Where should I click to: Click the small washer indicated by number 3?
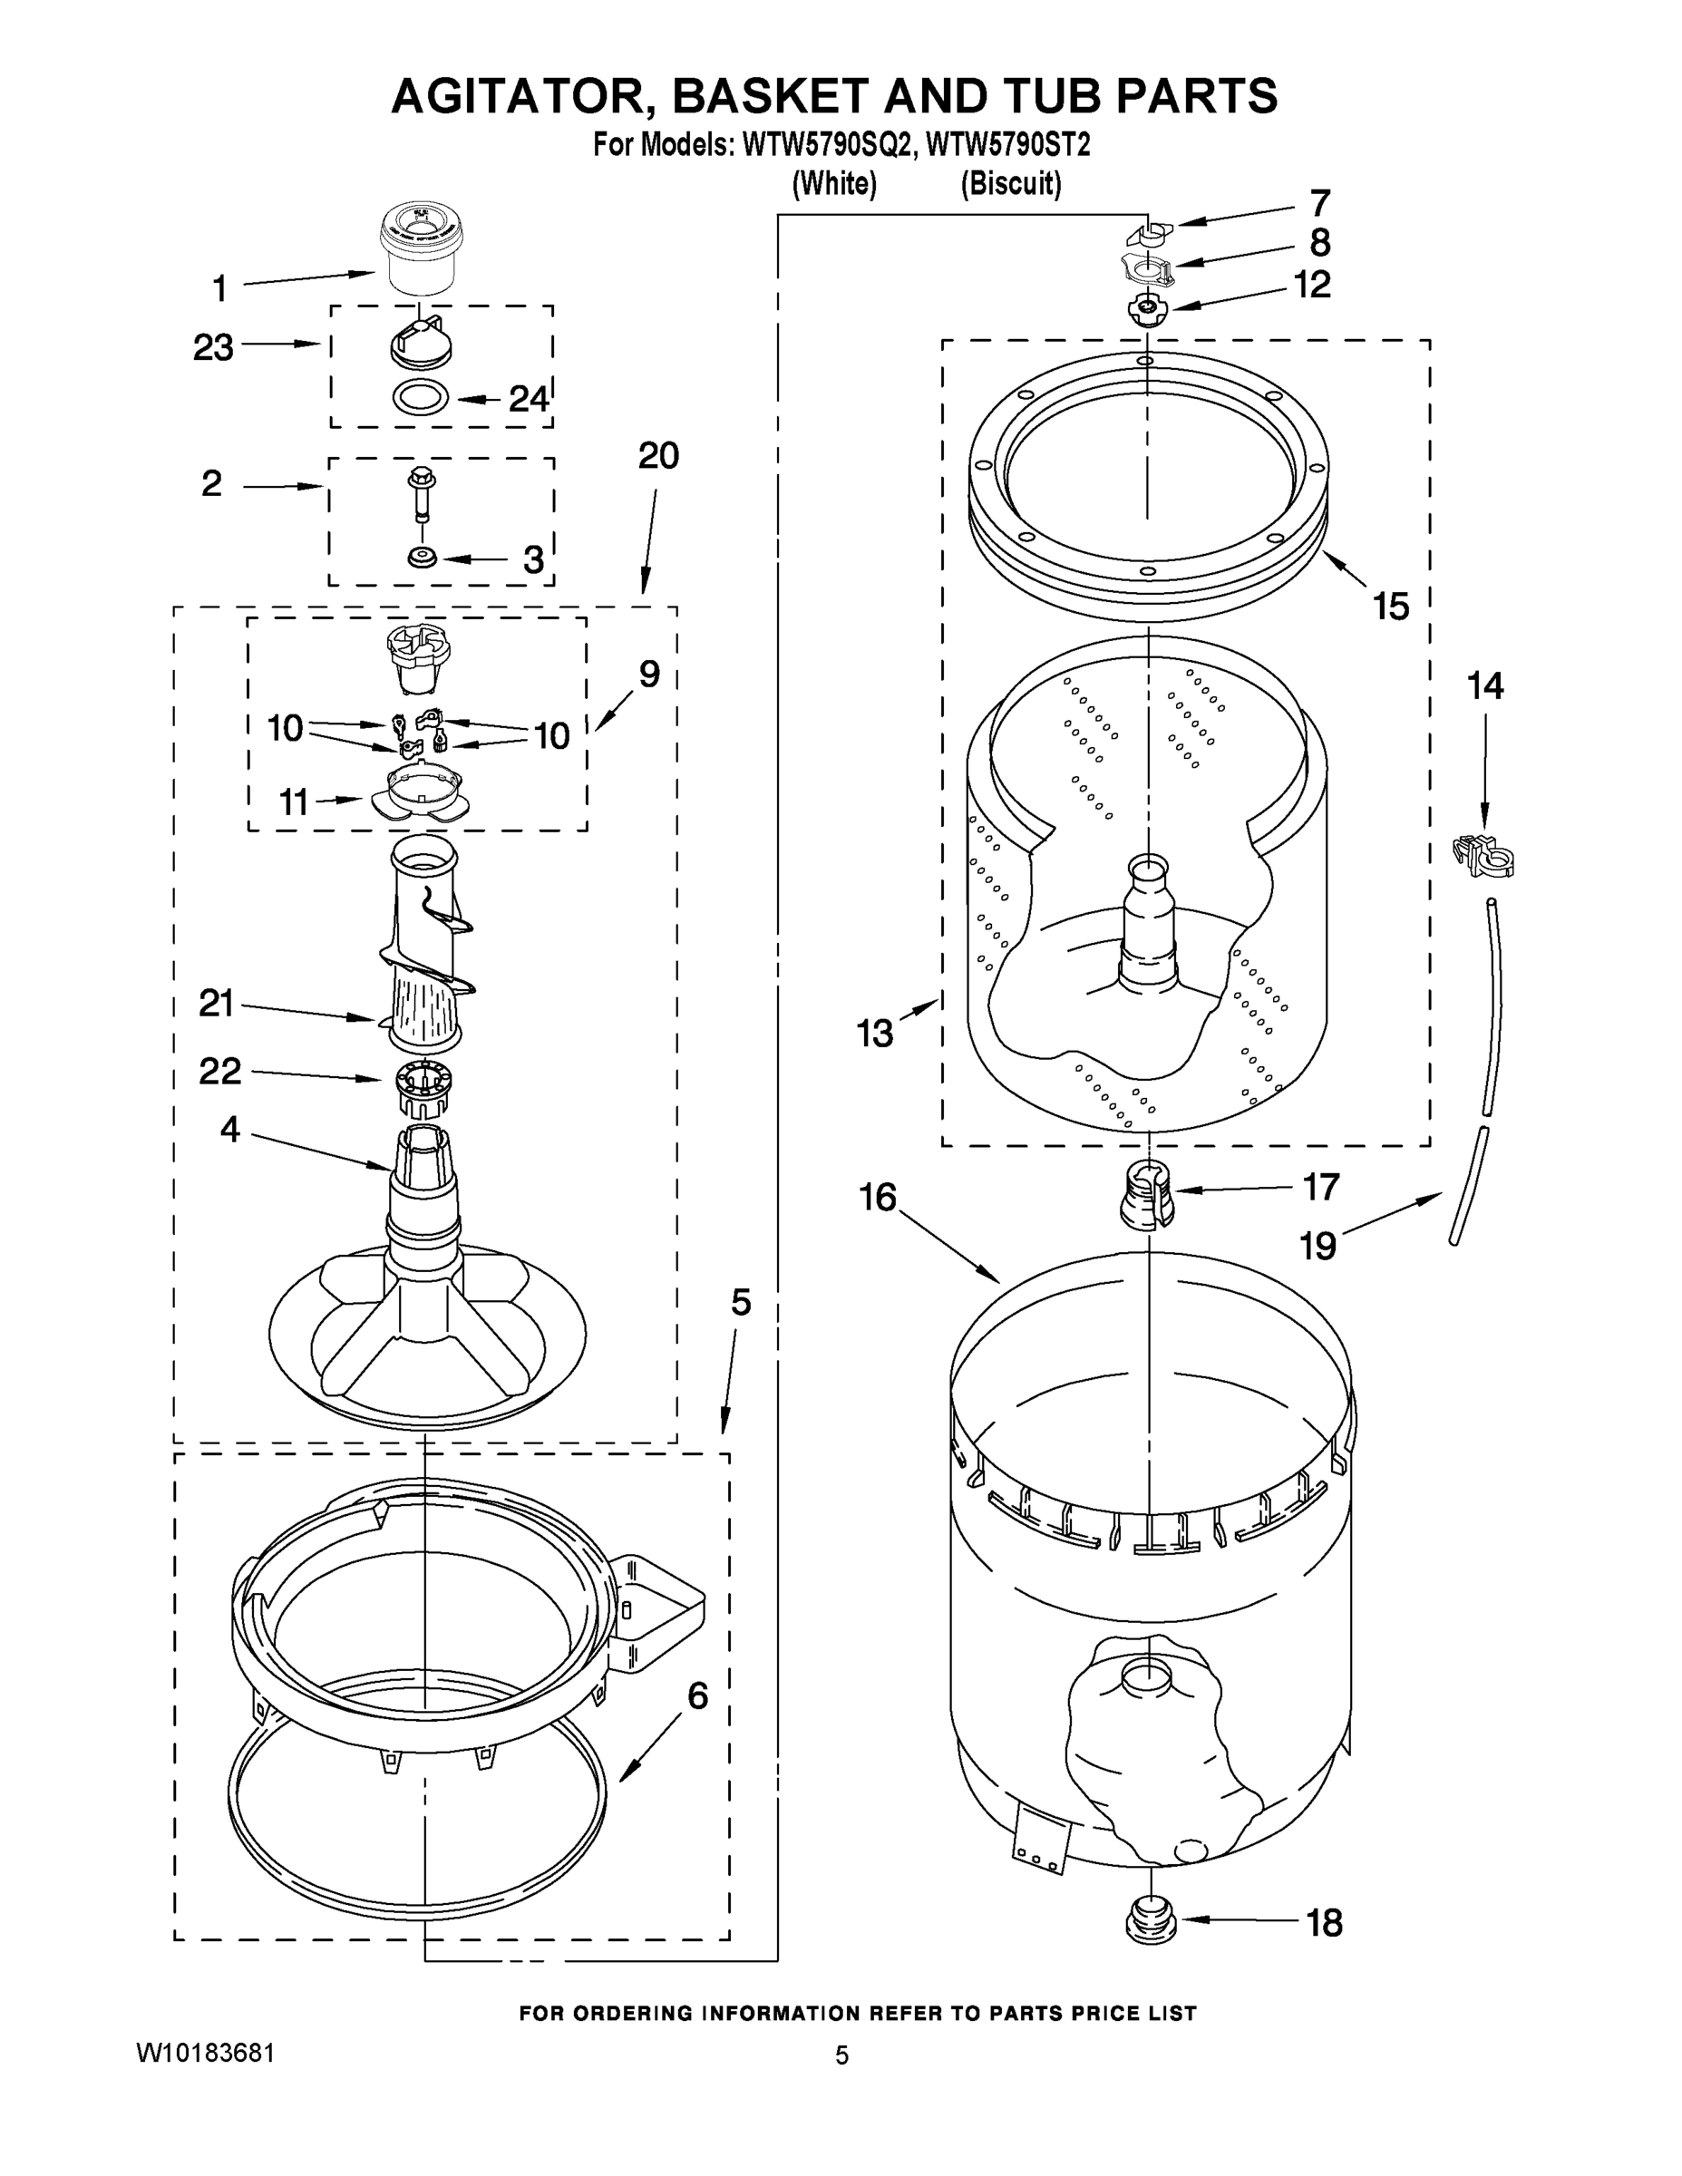click(x=423, y=556)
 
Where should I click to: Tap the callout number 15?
click(x=1391, y=605)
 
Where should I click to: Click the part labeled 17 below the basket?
click(x=1148, y=1193)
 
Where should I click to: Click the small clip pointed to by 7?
click(x=1149, y=233)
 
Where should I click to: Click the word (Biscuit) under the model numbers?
click(x=1010, y=184)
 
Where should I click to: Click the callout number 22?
click(x=220, y=1071)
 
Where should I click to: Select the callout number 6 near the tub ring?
click(x=697, y=1695)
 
